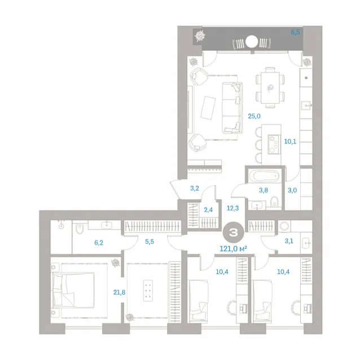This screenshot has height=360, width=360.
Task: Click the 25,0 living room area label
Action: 254,116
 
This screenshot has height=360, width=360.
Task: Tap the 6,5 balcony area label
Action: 295,32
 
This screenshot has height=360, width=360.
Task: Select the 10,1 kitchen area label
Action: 290,142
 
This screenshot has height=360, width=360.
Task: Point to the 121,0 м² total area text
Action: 233,248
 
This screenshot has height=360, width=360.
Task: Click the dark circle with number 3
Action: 234,233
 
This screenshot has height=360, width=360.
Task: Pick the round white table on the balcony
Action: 252,41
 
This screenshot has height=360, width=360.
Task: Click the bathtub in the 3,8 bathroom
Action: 264,177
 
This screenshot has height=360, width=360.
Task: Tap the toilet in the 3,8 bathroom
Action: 274,202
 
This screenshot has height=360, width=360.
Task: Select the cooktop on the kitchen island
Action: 273,144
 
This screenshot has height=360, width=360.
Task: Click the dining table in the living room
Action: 270,87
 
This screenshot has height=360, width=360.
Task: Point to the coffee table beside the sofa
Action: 208,108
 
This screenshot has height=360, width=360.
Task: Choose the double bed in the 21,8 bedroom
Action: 73,290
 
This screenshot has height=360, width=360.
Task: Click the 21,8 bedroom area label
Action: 119,292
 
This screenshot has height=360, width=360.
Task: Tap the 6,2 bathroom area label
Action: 99,243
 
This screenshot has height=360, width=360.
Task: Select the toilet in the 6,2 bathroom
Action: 80,229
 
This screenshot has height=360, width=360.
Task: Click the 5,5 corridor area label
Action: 150,242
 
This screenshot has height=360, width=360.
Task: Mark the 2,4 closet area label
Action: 208,209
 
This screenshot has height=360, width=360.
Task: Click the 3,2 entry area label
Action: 195,188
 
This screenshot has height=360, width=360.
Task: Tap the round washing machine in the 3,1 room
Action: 284,226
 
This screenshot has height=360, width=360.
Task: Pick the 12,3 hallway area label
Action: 232,208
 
